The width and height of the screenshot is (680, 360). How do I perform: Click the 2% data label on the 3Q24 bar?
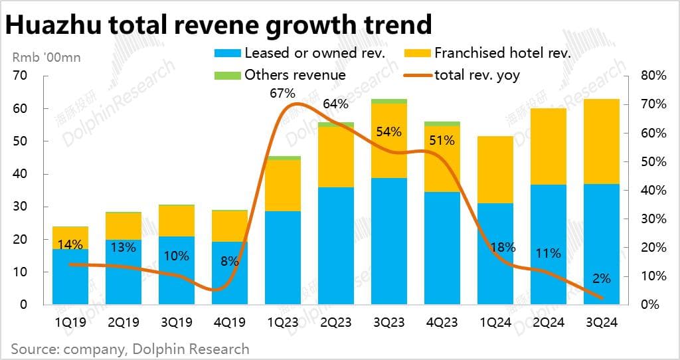pyautogui.click(x=602, y=279)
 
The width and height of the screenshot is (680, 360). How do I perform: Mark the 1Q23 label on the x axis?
pyautogui.click(x=282, y=323)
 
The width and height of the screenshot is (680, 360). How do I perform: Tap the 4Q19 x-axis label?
pyautogui.click(x=230, y=323)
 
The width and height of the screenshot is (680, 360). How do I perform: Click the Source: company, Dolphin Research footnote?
pyautogui.click(x=130, y=348)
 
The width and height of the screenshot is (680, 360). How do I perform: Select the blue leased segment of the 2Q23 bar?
pyautogui.click(x=336, y=246)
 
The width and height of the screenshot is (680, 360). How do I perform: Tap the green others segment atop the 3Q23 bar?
pyautogui.click(x=389, y=101)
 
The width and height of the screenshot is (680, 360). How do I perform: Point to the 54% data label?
pyautogui.click(x=388, y=132)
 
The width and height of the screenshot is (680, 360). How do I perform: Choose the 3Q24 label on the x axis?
pyautogui.click(x=602, y=323)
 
